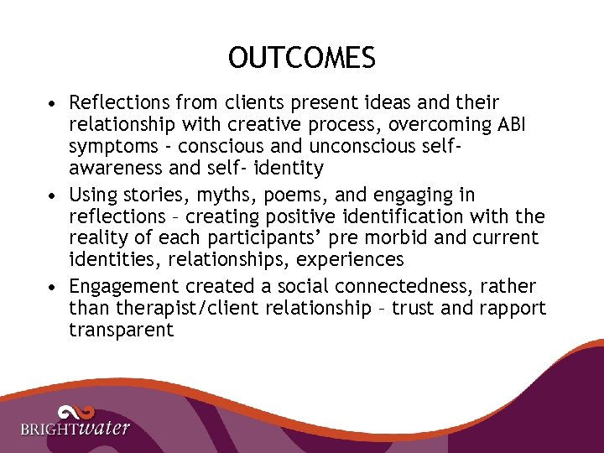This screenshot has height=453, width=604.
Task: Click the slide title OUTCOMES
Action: [302, 58]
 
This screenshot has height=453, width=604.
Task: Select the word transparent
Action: [121, 331]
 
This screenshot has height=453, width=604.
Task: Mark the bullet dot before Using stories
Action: [53, 195]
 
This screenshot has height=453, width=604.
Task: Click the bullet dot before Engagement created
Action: [53, 287]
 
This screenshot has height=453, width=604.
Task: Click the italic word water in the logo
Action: [105, 428]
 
